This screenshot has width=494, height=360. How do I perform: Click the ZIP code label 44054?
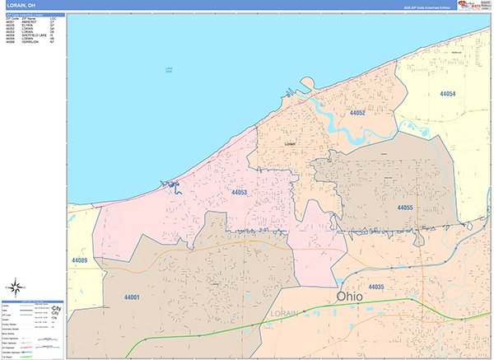coord(448,95)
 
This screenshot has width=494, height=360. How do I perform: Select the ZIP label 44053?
coord(240,192)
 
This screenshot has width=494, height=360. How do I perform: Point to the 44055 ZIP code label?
coord(404,208)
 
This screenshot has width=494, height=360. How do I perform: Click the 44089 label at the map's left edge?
coord(80,261)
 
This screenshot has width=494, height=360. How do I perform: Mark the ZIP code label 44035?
coord(376,286)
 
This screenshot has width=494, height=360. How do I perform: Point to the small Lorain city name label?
coord(289,143)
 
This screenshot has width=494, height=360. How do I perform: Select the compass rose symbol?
coord(16,288)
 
